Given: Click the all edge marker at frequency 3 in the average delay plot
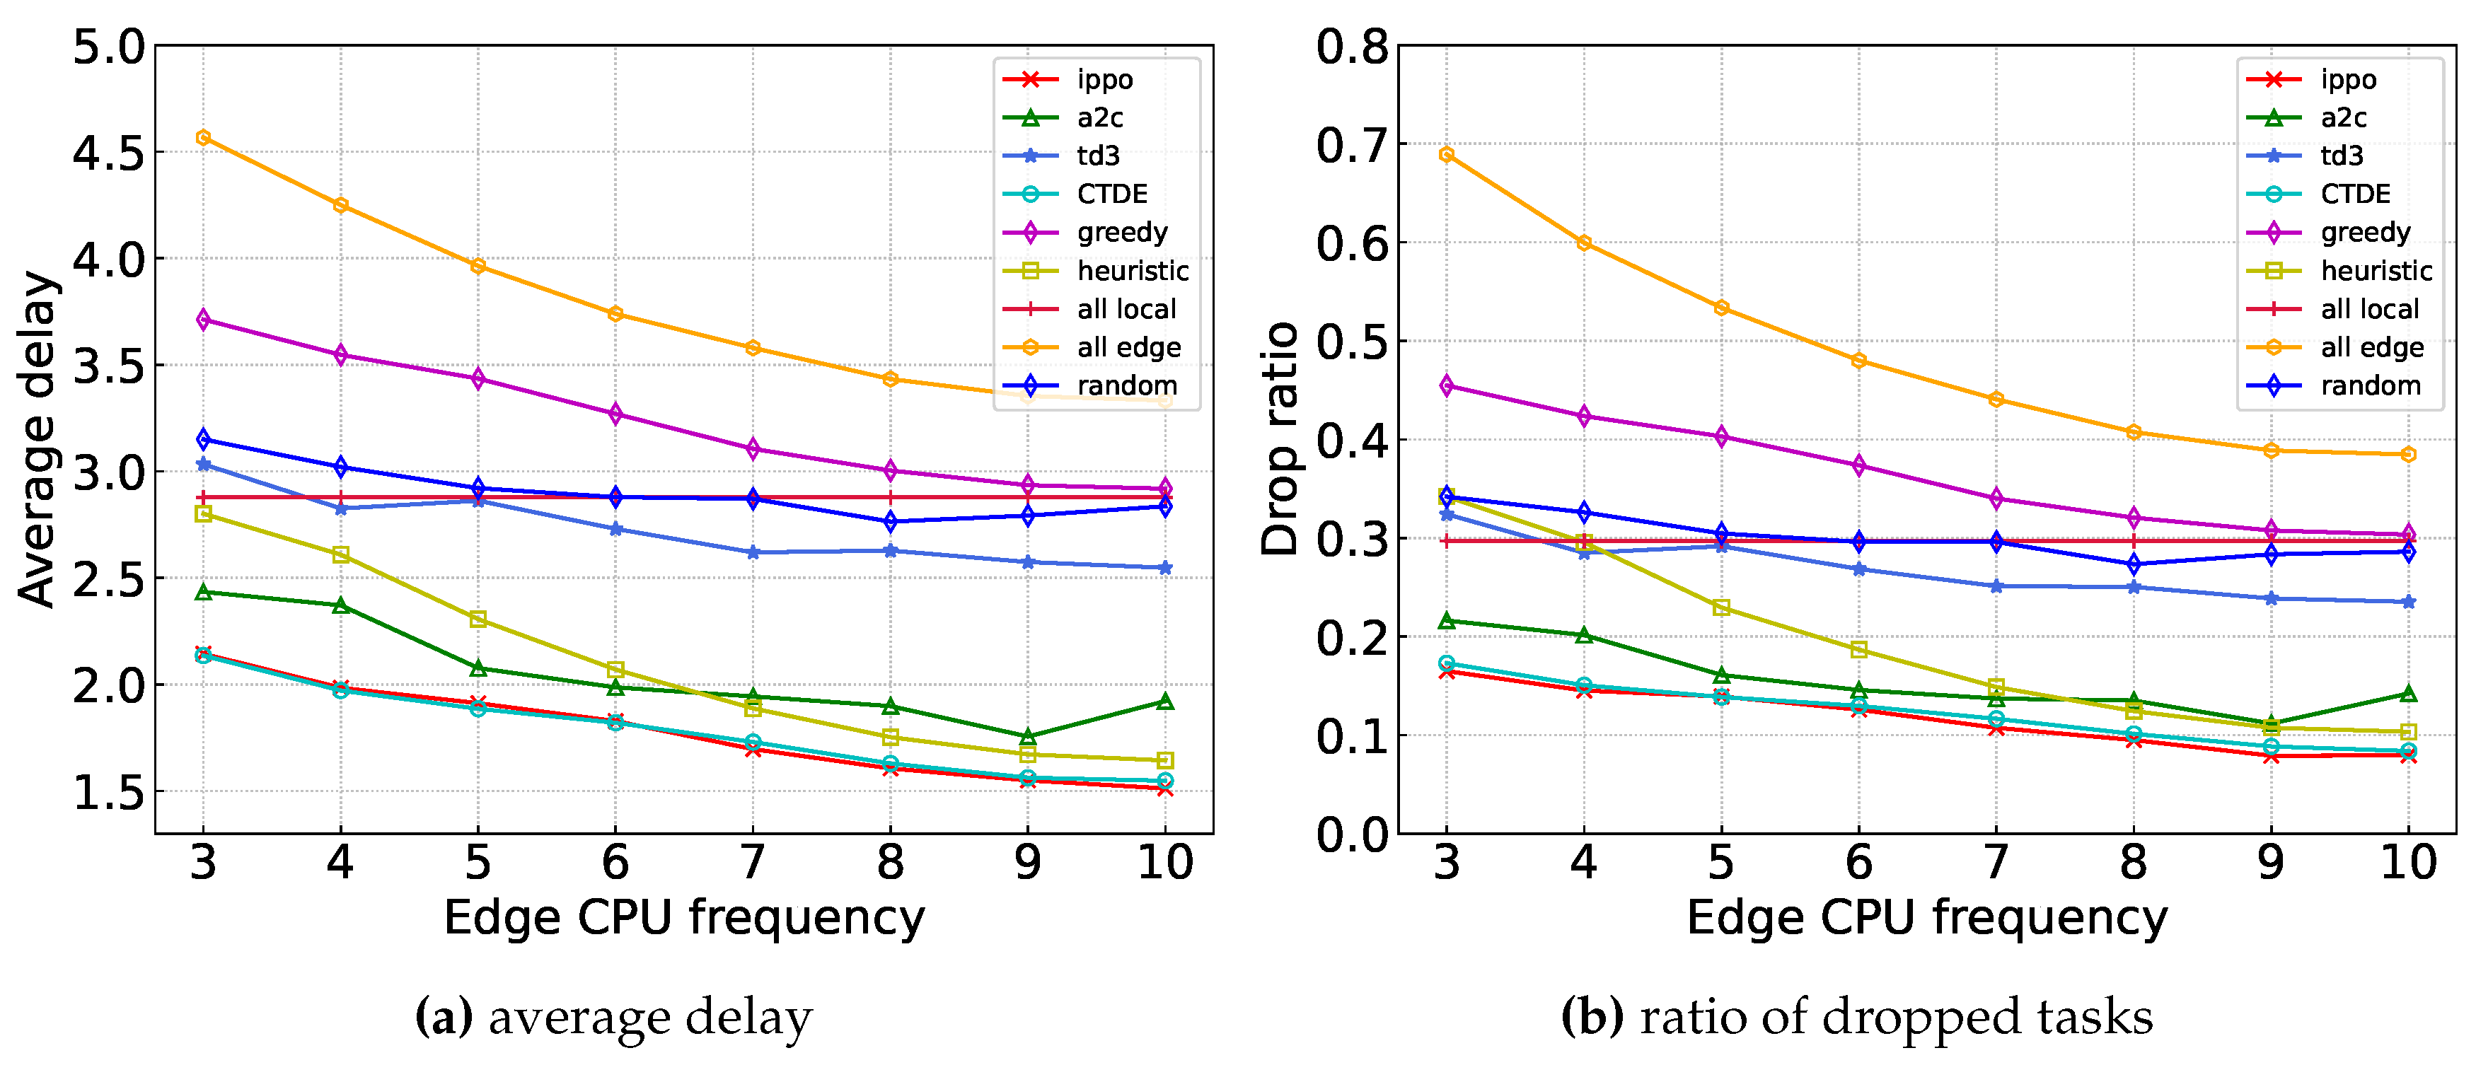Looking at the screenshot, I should [203, 137].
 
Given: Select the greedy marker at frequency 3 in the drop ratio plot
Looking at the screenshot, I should [1447, 385].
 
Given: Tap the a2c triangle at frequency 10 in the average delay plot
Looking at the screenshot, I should [1165, 702].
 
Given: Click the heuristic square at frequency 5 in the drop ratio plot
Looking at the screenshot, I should [1721, 607].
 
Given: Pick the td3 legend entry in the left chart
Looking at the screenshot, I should [1096, 156].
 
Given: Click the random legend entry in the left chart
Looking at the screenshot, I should [1125, 385].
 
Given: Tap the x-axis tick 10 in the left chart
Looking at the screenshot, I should [1165, 862].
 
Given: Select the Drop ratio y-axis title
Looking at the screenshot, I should [1280, 438].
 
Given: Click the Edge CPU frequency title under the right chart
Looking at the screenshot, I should [1926, 917].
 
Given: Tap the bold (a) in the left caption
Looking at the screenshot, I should [443, 1017].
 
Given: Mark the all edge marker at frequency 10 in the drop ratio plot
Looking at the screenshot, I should [2408, 454].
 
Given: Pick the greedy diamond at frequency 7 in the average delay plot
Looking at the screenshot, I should [753, 449].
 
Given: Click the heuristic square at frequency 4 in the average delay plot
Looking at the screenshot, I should [340, 554].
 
